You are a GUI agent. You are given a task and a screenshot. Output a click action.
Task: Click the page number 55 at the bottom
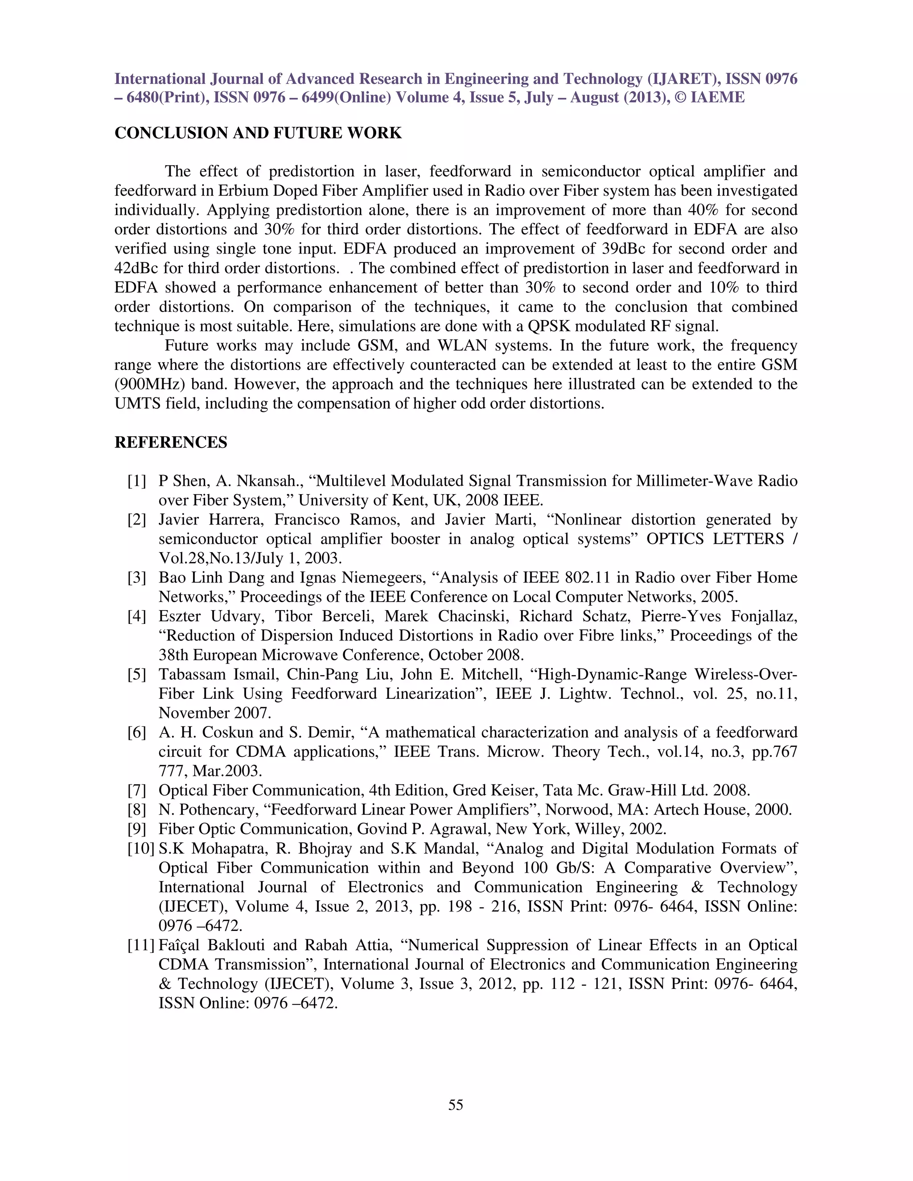(x=456, y=1105)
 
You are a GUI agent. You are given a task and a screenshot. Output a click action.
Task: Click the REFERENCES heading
(x=171, y=443)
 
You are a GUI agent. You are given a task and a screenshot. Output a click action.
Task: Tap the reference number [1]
(x=137, y=481)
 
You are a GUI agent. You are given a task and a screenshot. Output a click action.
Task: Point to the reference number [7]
(x=137, y=791)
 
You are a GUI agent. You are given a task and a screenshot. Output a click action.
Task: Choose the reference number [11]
(x=140, y=945)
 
